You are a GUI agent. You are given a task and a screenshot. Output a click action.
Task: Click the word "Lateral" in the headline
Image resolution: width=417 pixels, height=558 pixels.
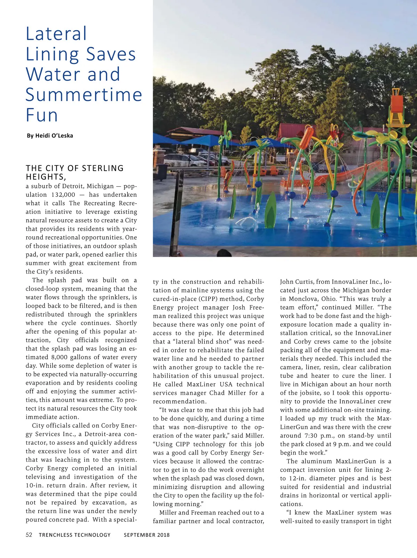(x=56, y=34)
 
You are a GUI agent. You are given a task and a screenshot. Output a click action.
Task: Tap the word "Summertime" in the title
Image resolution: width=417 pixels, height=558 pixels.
(x=84, y=95)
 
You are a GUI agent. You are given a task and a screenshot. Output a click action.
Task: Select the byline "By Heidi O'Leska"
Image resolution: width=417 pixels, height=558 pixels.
(x=50, y=136)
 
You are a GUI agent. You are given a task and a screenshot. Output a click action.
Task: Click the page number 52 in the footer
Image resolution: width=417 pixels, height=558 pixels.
(x=29, y=535)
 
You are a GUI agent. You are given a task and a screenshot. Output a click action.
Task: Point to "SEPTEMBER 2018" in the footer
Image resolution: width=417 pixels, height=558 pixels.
(x=147, y=535)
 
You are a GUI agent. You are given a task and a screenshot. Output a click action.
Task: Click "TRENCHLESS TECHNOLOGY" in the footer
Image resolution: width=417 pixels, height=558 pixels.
(x=75, y=535)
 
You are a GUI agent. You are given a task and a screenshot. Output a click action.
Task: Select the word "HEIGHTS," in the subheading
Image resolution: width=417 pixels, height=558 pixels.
(x=46, y=177)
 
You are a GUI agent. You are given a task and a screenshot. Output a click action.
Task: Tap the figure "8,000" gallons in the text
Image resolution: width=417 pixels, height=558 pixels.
(x=59, y=357)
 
